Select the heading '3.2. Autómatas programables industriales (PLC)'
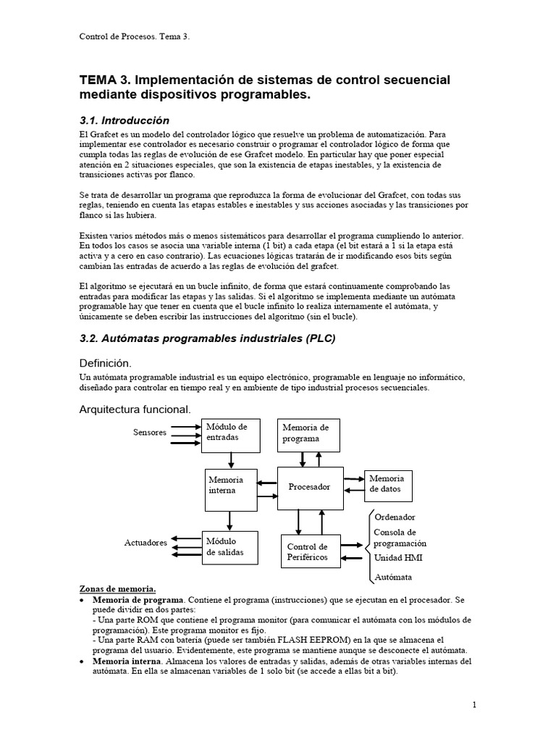tap(207, 338)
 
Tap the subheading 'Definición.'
tap(107, 362)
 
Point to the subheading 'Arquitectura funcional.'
tap(135, 409)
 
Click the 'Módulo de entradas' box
tap(229, 434)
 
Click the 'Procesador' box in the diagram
tap(309, 487)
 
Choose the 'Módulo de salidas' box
tap(229, 546)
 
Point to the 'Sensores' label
tap(150, 433)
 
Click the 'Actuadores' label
tap(146, 543)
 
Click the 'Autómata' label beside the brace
tap(392, 577)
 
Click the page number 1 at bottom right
tap(473, 704)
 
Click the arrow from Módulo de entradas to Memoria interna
tap(229, 460)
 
